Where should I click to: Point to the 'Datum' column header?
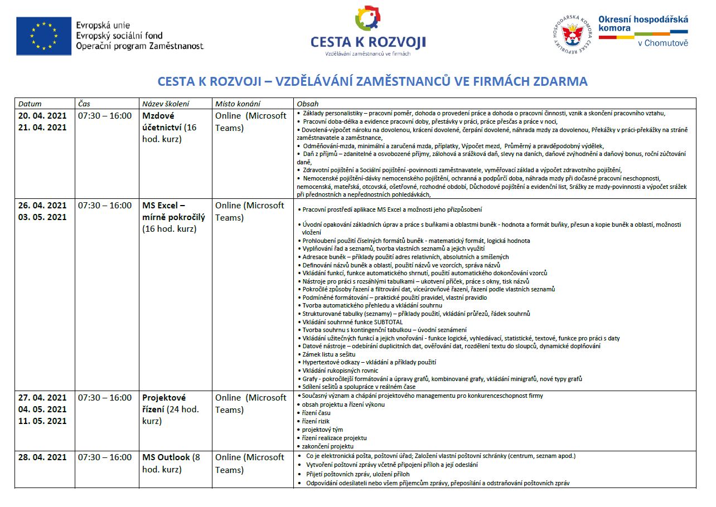click(x=30, y=104)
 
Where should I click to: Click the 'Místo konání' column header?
click(x=238, y=104)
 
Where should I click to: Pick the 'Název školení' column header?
click(x=166, y=104)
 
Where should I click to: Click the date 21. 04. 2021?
click(x=42, y=128)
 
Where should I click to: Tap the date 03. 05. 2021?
click(x=42, y=217)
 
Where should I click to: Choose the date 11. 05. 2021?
click(x=42, y=421)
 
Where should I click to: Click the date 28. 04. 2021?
click(x=42, y=457)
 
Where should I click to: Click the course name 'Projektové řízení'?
click(x=165, y=403)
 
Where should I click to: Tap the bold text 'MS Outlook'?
click(x=166, y=457)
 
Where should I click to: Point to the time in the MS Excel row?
click(x=105, y=206)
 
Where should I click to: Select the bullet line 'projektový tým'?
click(x=322, y=430)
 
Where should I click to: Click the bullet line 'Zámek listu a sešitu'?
click(x=328, y=354)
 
